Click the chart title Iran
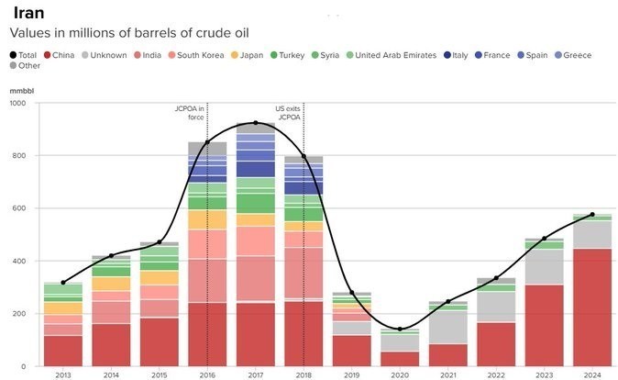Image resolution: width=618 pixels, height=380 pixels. (28, 13)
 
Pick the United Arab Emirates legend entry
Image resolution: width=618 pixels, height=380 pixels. (394, 55)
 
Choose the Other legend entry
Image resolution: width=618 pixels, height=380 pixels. (28, 66)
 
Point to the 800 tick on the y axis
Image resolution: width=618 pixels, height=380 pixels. (17, 156)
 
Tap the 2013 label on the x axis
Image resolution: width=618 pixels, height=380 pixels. (62, 374)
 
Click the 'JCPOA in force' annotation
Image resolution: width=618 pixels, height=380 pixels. (189, 113)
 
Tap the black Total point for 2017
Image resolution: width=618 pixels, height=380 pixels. (256, 122)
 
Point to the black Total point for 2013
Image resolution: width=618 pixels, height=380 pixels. (62, 283)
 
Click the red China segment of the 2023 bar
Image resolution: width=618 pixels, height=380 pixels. (544, 325)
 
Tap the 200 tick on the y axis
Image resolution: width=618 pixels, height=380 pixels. (17, 314)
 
